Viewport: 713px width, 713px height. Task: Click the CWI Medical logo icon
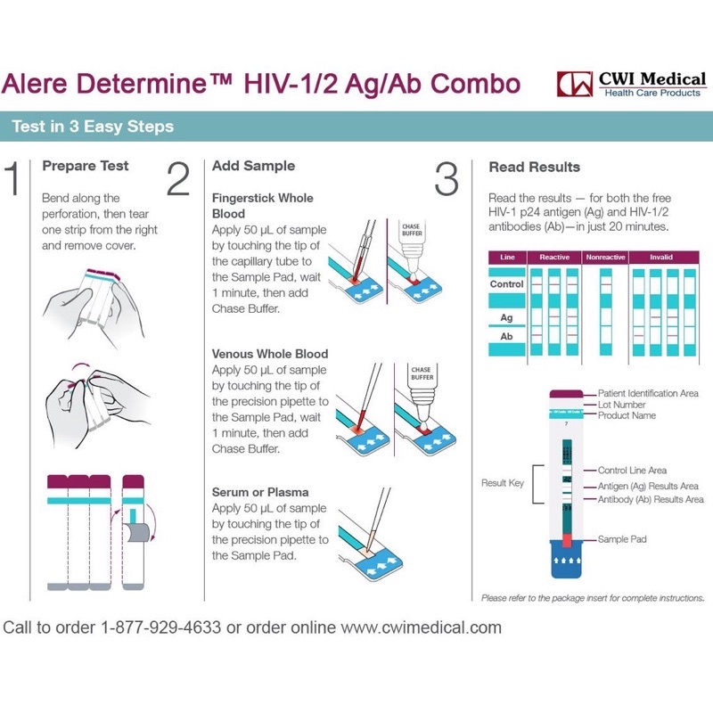573,84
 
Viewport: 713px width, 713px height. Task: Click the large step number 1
12,178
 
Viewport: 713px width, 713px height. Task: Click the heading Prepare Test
86,166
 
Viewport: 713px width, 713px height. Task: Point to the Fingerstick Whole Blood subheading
262,206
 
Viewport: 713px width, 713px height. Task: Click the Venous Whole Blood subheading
269,354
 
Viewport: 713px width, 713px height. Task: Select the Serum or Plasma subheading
260,492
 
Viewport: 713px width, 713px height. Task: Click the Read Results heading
534,167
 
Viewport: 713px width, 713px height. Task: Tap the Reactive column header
553,258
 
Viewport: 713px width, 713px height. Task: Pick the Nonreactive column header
605,258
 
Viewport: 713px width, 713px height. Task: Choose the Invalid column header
660,258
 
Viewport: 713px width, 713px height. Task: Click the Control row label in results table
506,284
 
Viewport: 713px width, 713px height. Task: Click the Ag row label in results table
506,317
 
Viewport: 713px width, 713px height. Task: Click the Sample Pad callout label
622,539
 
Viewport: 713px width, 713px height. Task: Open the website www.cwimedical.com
422,627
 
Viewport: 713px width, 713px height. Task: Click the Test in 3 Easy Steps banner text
93,127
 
